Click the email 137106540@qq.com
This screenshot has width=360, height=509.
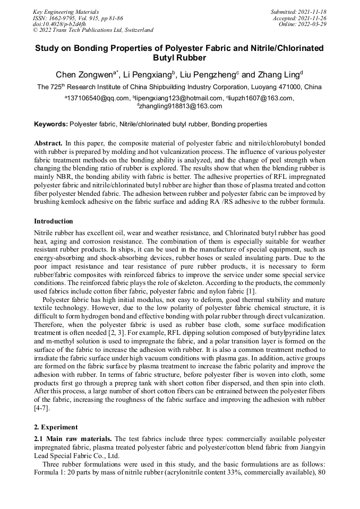[x=98, y=98]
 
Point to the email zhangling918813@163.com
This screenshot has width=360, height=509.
[x=181, y=106]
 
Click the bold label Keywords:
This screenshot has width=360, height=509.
[x=51, y=124]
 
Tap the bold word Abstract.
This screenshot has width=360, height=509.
[x=48, y=143]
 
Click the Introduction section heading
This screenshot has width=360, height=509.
[x=54, y=221]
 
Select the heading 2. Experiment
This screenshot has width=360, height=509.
[x=56, y=427]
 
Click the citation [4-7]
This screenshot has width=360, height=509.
[x=44, y=409]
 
